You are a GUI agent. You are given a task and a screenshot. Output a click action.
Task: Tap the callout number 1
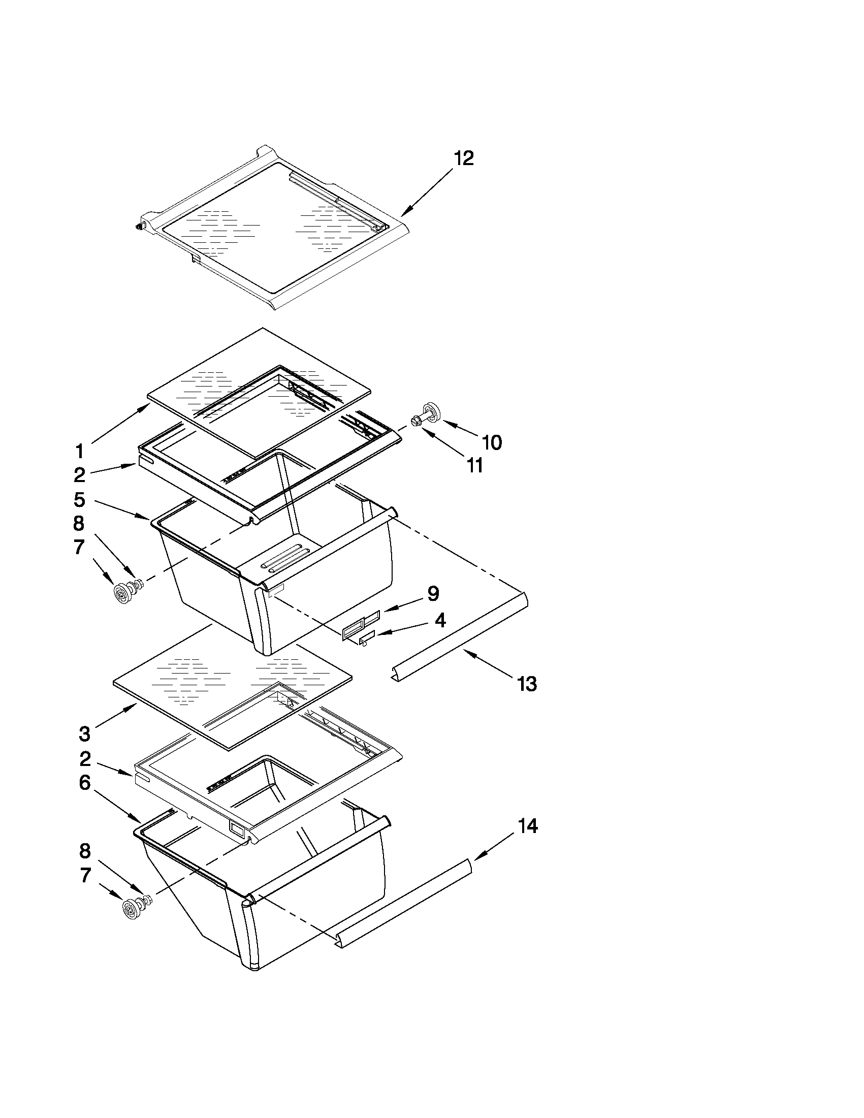[79, 452]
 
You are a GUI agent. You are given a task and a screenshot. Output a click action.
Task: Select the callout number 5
[79, 500]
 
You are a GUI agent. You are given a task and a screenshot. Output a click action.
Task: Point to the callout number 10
[492, 442]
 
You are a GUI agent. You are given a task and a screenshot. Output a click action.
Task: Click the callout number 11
[475, 465]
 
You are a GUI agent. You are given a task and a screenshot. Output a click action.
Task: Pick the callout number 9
[433, 594]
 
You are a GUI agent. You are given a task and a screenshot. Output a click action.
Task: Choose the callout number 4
[440, 620]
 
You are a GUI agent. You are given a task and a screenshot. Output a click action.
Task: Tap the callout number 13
[527, 683]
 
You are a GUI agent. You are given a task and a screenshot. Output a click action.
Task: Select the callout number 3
[85, 734]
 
